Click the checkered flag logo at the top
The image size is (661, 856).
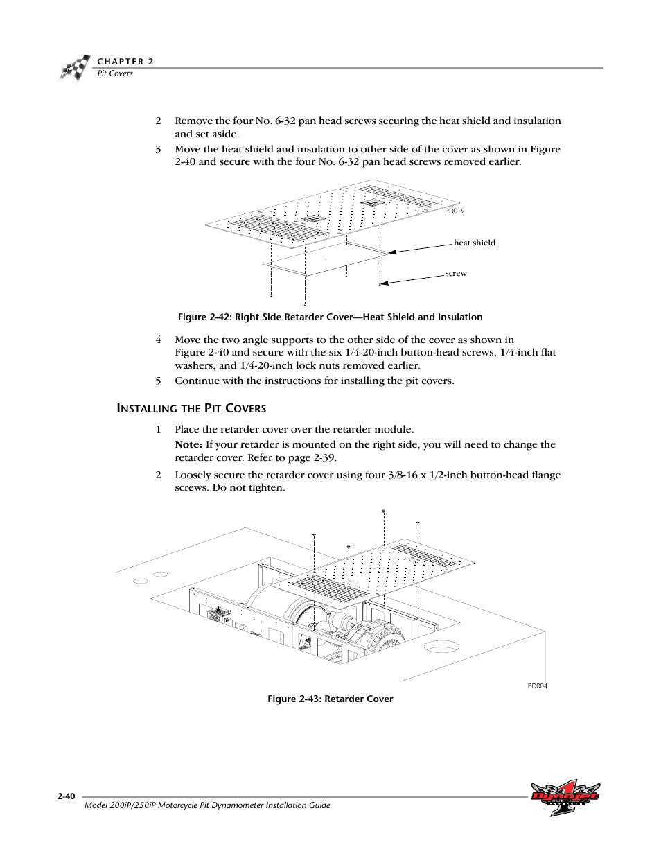(74, 68)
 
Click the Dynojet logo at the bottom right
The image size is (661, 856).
(565, 798)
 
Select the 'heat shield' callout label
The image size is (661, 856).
(474, 243)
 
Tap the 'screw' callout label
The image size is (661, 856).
(456, 273)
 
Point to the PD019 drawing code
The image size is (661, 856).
(455, 211)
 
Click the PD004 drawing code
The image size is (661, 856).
(537, 685)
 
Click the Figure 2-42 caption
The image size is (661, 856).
(330, 317)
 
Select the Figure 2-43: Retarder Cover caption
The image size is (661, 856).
(330, 699)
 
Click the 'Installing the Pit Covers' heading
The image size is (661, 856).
(191, 408)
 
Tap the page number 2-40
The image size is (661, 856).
(67, 797)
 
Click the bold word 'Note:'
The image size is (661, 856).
(188, 444)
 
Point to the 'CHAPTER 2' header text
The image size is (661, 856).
(125, 61)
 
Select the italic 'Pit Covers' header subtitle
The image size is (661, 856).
(114, 73)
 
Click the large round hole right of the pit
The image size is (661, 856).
(442, 647)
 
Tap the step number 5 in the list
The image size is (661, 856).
(158, 381)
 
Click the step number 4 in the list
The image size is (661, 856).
(158, 340)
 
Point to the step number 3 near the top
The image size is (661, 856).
(158, 149)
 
